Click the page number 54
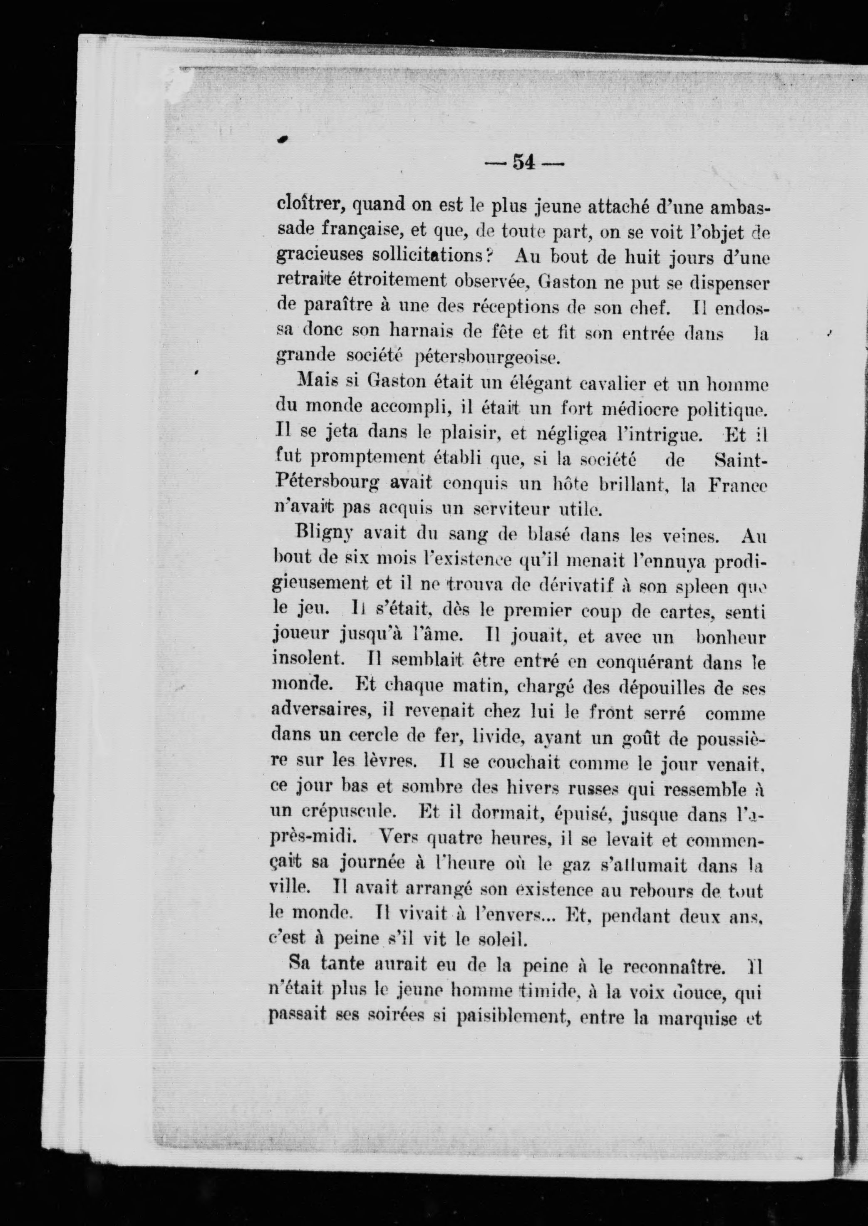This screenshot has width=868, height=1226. [524, 162]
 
